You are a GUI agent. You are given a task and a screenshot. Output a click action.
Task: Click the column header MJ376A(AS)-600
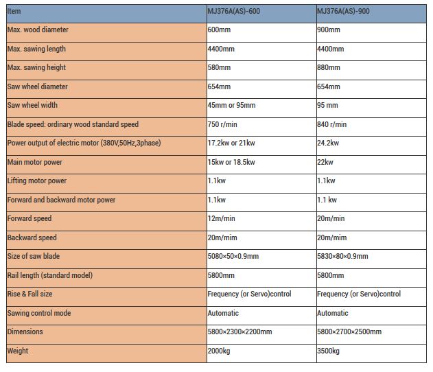pyautogui.click(x=234, y=11)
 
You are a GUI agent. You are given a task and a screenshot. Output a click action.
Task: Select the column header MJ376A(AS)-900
pyautogui.click(x=344, y=11)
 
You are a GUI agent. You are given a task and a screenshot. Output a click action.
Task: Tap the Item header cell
pyautogui.click(x=14, y=11)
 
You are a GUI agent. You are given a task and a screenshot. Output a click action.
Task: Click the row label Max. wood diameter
pyautogui.click(x=38, y=30)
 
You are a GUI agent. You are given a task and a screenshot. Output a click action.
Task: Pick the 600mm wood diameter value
pyautogui.click(x=219, y=30)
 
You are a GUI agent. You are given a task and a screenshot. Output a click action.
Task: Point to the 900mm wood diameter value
pyautogui.click(x=329, y=30)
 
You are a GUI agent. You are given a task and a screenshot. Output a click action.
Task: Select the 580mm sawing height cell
pyautogui.click(x=219, y=68)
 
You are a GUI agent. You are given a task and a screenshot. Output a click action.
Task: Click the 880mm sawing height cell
pyautogui.click(x=329, y=68)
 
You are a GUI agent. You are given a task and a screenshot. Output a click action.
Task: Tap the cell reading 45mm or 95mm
pyautogui.click(x=231, y=106)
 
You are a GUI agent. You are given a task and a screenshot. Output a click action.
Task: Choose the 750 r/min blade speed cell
pyautogui.click(x=222, y=124)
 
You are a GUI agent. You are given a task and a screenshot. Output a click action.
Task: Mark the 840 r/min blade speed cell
pyautogui.click(x=332, y=124)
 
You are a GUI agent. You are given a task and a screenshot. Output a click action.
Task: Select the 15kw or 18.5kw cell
pyautogui.click(x=231, y=162)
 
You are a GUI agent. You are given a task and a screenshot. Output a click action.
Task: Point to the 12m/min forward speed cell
pyautogui.click(x=222, y=218)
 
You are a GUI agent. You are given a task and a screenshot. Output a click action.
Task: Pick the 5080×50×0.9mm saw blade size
pyautogui.click(x=233, y=256)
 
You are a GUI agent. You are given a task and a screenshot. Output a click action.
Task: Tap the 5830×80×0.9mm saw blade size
pyautogui.click(x=343, y=256)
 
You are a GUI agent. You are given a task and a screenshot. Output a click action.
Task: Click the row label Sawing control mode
pyautogui.click(x=39, y=313)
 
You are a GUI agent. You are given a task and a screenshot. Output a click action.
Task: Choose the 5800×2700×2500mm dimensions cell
pyautogui.click(x=349, y=332)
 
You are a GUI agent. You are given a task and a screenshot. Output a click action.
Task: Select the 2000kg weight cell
pyautogui.click(x=220, y=351)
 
